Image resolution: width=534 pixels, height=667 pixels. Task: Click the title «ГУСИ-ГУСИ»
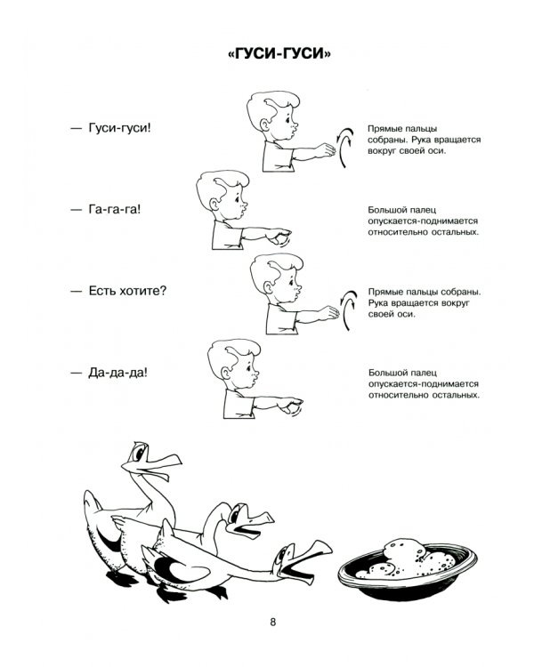(x=279, y=54)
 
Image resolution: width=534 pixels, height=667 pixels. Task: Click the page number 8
(x=273, y=622)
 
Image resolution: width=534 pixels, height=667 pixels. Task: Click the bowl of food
(x=407, y=566)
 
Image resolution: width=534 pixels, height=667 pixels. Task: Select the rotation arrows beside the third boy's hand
(x=348, y=310)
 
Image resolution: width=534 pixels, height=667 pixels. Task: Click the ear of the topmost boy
(x=264, y=125)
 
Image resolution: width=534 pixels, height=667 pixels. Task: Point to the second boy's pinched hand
(x=279, y=236)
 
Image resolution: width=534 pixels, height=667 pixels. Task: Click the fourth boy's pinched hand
(x=291, y=404)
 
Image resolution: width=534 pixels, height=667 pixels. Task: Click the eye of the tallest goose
(x=139, y=452)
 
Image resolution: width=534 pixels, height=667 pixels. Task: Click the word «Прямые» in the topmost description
(x=382, y=129)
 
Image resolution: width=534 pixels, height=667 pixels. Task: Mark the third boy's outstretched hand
(x=328, y=313)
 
